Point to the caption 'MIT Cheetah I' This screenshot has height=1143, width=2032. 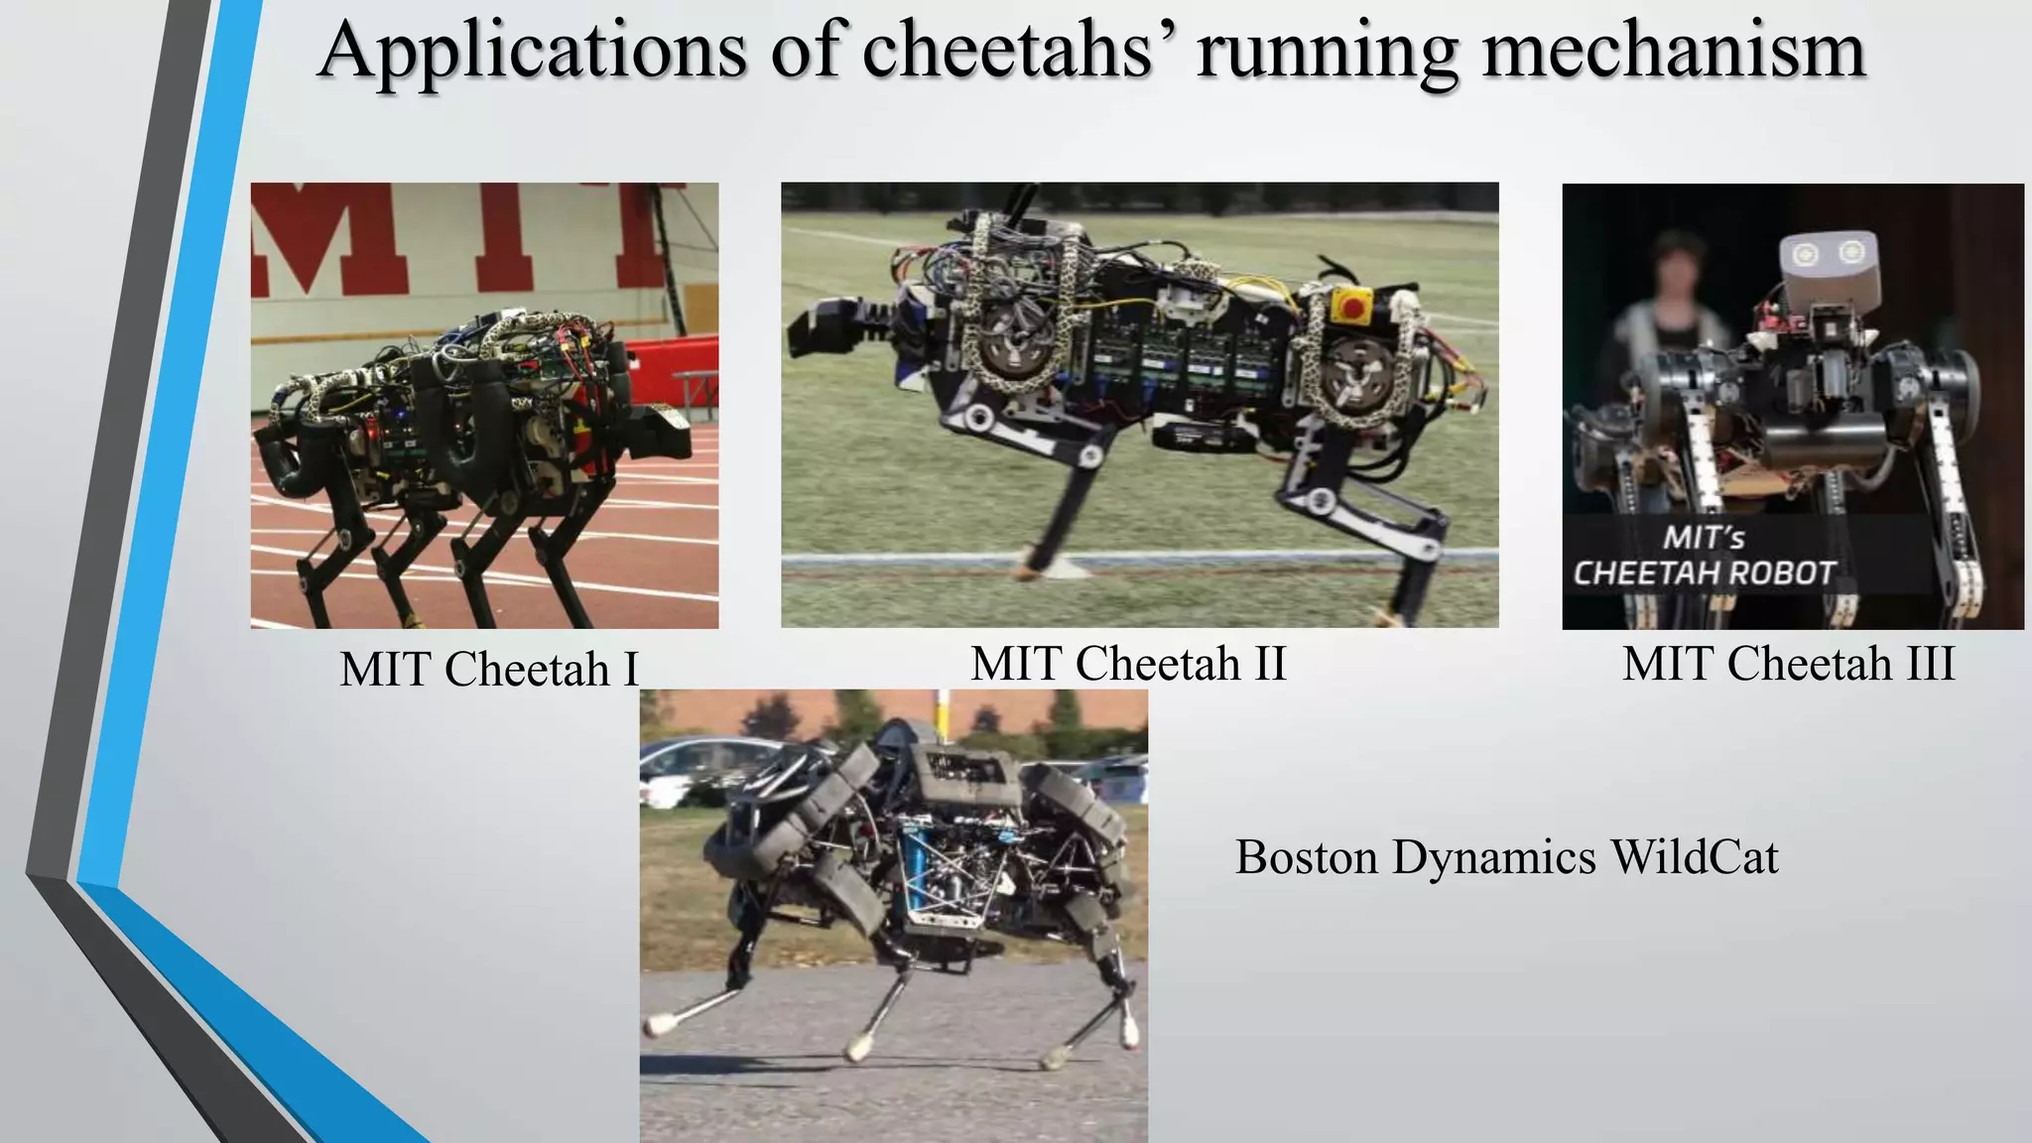pos(489,669)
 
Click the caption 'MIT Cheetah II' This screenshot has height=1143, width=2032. pos(1128,663)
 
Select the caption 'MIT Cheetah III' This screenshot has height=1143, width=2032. pos(1788,663)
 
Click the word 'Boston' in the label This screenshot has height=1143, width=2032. pos(1306,856)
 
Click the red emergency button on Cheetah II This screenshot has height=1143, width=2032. pos(1350,306)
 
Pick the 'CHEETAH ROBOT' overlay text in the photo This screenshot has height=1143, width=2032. pos(1704,573)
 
